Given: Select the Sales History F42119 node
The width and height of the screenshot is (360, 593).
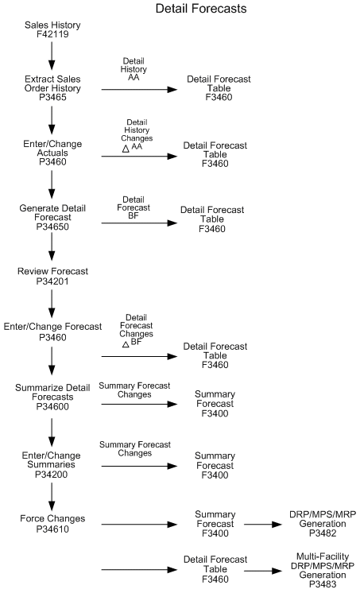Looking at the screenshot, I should coord(52,31).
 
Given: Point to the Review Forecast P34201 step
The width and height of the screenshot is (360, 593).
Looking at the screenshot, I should coord(52,276).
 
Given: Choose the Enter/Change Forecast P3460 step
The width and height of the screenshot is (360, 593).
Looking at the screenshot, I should coord(52,331).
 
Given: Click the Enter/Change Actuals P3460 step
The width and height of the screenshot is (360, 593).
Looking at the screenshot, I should coord(52,151).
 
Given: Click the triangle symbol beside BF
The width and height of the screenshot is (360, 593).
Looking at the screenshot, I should coord(125,343).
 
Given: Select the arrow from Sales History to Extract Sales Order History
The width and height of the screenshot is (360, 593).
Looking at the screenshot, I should coord(52,56).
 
